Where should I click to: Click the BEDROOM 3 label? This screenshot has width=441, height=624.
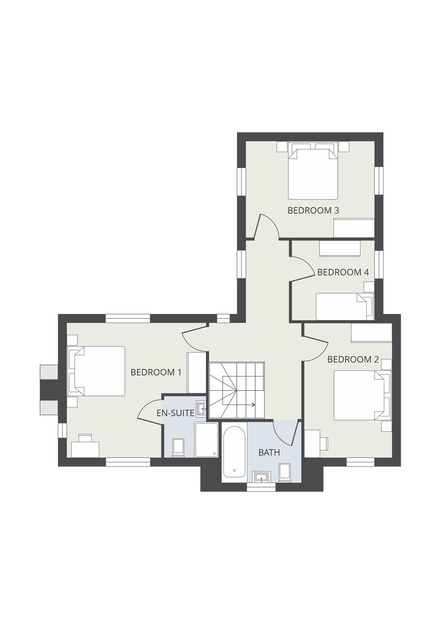tap(313, 210)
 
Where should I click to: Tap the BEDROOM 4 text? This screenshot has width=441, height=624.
tap(343, 272)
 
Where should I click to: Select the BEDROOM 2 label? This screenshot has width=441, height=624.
tap(353, 359)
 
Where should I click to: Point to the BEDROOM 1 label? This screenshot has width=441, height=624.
tap(156, 372)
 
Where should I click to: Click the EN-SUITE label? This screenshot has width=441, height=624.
tap(175, 413)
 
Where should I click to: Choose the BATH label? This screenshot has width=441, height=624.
tap(269, 452)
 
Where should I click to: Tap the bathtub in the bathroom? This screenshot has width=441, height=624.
tap(234, 452)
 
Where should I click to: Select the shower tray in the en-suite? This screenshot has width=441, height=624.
tap(206, 440)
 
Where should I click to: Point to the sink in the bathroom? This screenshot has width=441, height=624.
tap(261, 477)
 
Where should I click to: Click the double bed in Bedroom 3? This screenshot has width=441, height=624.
tap(313, 173)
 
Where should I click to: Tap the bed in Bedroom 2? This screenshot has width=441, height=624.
tap(360, 396)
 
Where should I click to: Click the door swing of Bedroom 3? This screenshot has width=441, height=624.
tap(267, 227)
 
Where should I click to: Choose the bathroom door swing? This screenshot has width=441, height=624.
tap(285, 433)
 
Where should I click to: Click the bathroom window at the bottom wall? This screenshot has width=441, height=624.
tap(261, 488)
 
